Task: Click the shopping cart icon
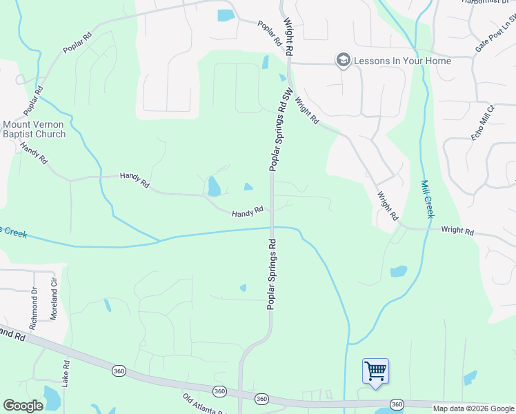375,371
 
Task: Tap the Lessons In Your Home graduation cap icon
343,61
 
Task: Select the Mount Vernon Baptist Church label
34,129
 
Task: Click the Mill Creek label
426,199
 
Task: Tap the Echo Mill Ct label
484,124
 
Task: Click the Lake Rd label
66,373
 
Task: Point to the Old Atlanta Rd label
205,403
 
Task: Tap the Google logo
23,406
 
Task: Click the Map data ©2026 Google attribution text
473,408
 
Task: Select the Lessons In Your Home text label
402,61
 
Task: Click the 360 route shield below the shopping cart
396,404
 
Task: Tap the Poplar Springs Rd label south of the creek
272,274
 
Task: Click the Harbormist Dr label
487,2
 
